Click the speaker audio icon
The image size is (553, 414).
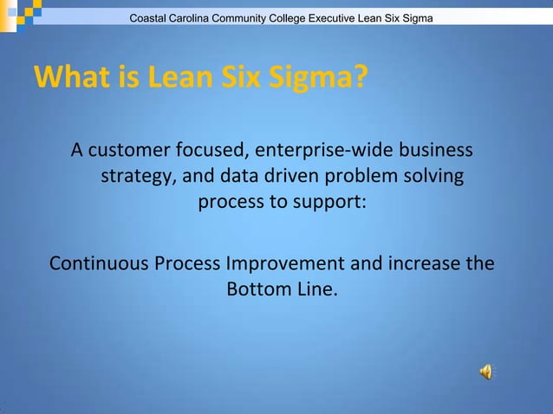485,372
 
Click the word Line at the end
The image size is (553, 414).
316,289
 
